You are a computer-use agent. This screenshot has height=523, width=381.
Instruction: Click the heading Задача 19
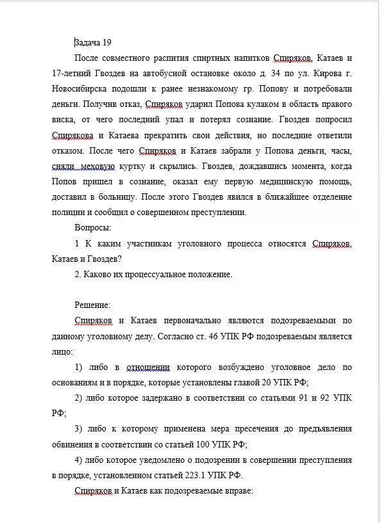[93, 43]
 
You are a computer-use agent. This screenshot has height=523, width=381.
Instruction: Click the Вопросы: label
[93, 228]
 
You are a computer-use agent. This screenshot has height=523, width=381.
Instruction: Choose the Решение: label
[93, 305]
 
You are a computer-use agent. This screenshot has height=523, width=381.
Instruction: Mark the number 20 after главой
[266, 382]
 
